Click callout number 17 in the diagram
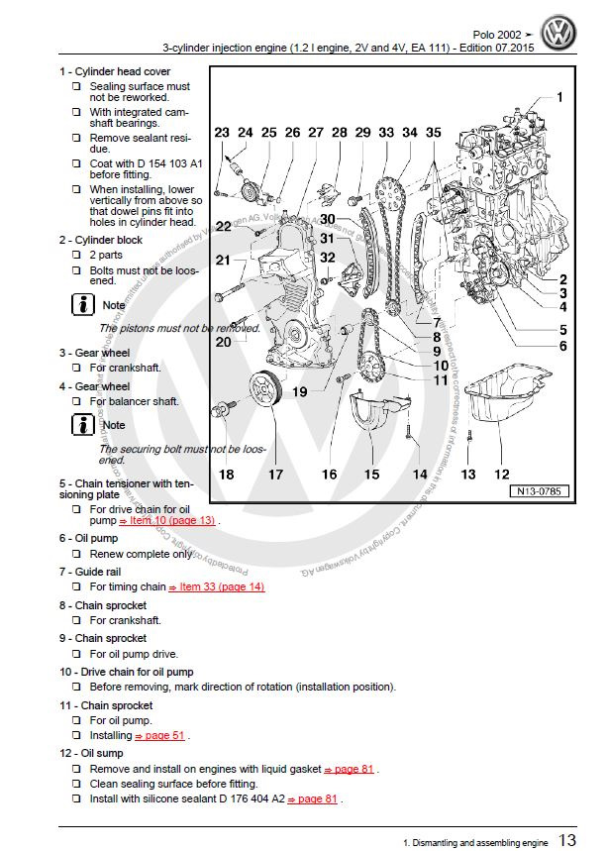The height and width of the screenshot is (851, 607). pyautogui.click(x=275, y=475)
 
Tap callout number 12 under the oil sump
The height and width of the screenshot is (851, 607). pyautogui.click(x=502, y=475)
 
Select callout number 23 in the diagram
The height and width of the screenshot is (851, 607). pyautogui.click(x=221, y=133)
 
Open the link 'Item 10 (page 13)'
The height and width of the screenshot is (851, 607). pyautogui.click(x=166, y=520)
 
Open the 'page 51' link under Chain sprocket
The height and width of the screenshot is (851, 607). pyautogui.click(x=160, y=736)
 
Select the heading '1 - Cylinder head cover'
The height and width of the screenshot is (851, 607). pyautogui.click(x=114, y=71)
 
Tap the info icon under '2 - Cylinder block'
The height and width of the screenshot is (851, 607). pyautogui.click(x=83, y=304)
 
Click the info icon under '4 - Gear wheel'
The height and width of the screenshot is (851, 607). pyautogui.click(x=83, y=424)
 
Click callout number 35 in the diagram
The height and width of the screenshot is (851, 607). pyautogui.click(x=433, y=133)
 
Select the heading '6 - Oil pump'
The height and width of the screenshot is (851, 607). pyautogui.click(x=94, y=537)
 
